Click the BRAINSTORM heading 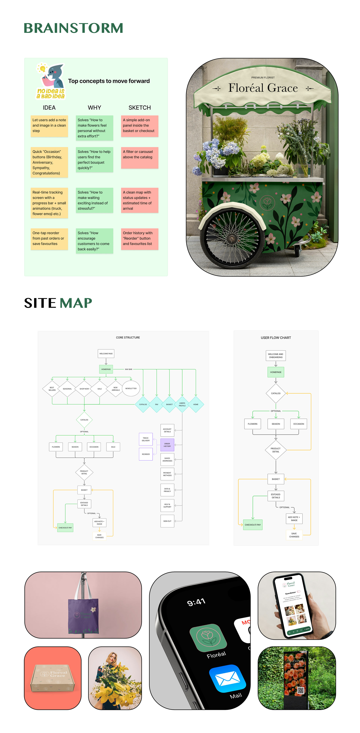73,28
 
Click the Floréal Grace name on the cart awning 263,88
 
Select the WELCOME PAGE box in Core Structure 106,353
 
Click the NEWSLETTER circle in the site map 131,388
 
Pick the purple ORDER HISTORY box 167,445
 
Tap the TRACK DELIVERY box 145,439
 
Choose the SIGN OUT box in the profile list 167,521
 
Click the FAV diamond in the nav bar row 156,404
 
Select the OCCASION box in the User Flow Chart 298,424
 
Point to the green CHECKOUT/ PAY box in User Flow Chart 253,524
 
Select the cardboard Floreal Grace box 53,677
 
